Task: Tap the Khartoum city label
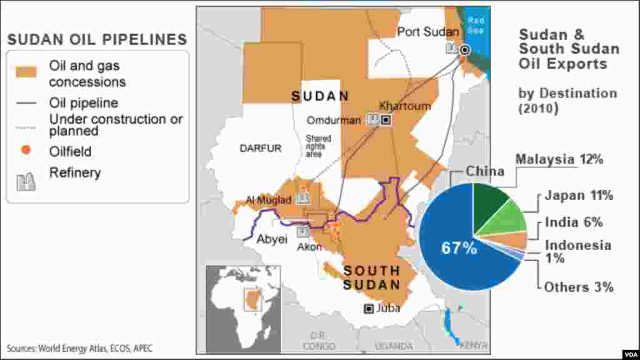coord(405,106)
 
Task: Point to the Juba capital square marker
coord(369,308)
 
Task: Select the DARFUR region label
coord(261,148)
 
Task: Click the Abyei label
coord(272,238)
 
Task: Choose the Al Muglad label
coord(269,200)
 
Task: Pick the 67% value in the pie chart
coord(459,248)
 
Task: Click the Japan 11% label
coord(578,196)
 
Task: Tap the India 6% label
coord(573,222)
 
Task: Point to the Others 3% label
coord(578,287)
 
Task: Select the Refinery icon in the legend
coord(26,181)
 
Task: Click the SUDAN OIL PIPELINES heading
coord(97,39)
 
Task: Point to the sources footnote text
coord(79,348)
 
